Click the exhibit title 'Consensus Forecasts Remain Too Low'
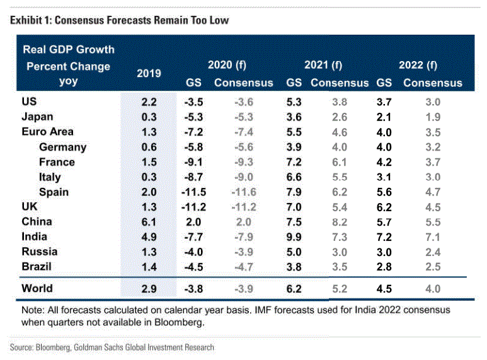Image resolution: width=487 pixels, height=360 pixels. [141, 20]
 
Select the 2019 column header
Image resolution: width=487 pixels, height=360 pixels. [149, 73]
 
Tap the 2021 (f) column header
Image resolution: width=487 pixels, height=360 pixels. [323, 64]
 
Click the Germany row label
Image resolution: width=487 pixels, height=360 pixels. [62, 147]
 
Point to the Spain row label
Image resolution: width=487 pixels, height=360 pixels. [54, 192]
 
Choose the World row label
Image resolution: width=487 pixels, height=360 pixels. [37, 288]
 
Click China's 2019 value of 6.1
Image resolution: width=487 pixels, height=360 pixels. [149, 221]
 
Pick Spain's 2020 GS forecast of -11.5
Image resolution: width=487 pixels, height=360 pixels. [194, 192]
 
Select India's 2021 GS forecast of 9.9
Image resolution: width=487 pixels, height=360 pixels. [294, 236]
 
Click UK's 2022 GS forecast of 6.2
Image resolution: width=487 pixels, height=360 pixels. [384, 206]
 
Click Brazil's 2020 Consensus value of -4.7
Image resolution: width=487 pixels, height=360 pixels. [243, 266]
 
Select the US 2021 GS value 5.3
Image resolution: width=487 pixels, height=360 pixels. [294, 102]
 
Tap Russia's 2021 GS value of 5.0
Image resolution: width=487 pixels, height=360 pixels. [294, 251]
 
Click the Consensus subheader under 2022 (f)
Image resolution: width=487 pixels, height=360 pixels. [432, 83]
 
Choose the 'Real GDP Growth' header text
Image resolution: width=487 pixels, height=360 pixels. [68, 49]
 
